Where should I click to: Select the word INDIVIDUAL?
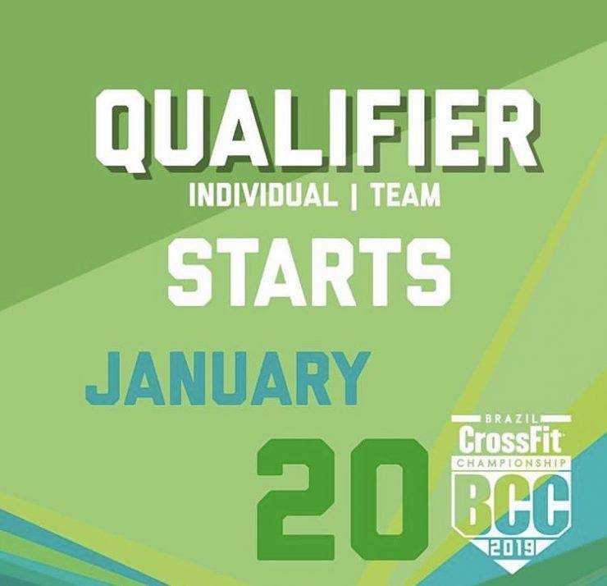coord(262,195)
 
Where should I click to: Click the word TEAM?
coord(406,195)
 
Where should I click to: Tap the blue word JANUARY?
coord(228,378)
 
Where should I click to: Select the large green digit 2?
coord(296,500)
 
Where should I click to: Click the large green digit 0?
coord(389,500)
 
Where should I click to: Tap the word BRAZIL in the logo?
coord(511,419)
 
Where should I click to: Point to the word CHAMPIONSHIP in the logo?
coord(511,463)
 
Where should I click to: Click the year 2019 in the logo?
coord(510,548)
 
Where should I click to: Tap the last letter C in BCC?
coord(550,503)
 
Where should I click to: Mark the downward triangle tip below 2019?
coord(511,572)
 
